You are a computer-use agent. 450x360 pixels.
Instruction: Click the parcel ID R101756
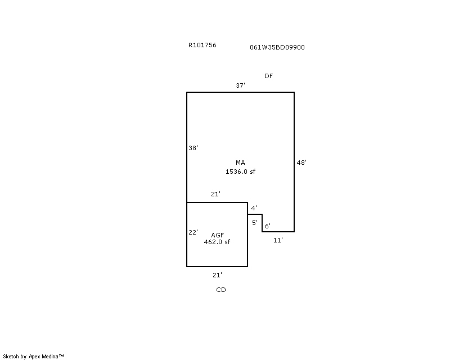click(x=202, y=45)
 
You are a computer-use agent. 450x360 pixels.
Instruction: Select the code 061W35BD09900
click(x=277, y=47)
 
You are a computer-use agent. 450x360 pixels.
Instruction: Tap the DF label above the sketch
click(x=269, y=76)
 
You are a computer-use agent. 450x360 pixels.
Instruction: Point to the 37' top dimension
click(x=241, y=85)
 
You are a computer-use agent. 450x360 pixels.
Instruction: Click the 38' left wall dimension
click(x=193, y=148)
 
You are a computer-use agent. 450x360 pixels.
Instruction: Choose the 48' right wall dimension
click(x=301, y=163)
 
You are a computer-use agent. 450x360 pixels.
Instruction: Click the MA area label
click(x=241, y=163)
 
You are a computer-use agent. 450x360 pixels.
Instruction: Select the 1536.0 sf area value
click(x=241, y=172)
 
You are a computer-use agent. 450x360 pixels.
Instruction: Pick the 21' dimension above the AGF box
click(x=215, y=194)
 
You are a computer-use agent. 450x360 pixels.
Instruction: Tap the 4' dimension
click(x=254, y=208)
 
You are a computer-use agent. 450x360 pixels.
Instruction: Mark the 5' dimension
click(x=255, y=223)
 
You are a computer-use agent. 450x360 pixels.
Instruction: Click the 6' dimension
click(x=268, y=226)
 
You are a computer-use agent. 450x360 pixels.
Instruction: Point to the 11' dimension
click(x=278, y=240)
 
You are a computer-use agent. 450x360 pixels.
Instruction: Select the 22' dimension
click(x=193, y=232)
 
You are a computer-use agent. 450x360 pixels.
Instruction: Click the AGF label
click(x=218, y=235)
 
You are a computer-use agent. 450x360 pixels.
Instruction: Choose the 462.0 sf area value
click(x=217, y=242)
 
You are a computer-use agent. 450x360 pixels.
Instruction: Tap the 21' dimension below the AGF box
click(x=217, y=275)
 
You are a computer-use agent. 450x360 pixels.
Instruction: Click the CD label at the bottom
click(x=221, y=290)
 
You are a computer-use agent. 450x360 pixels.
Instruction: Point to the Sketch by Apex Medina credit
click(x=33, y=357)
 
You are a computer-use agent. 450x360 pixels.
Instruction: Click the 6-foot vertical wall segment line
click(x=262, y=223)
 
